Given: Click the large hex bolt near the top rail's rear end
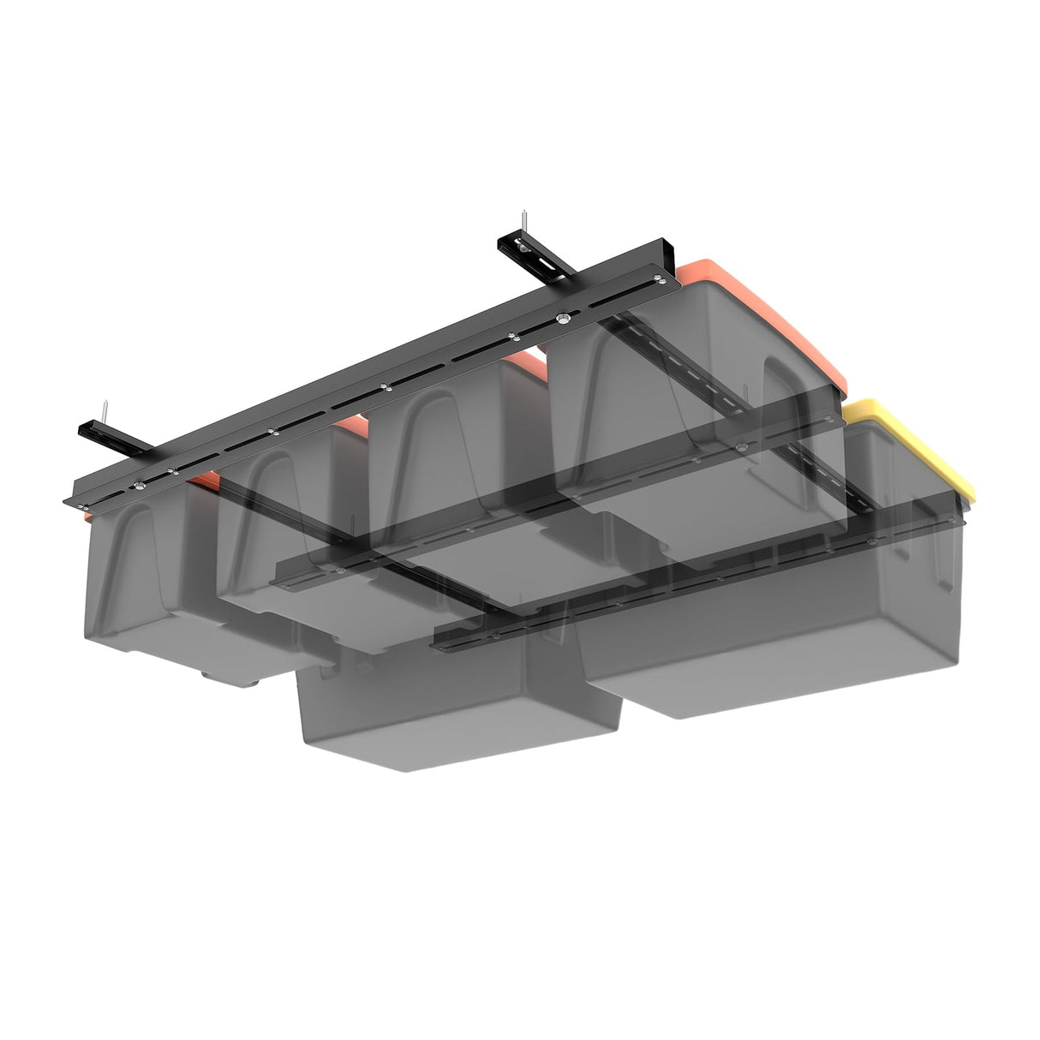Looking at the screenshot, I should (x=564, y=317).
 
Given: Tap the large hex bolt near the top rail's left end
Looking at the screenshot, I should (x=135, y=486).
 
